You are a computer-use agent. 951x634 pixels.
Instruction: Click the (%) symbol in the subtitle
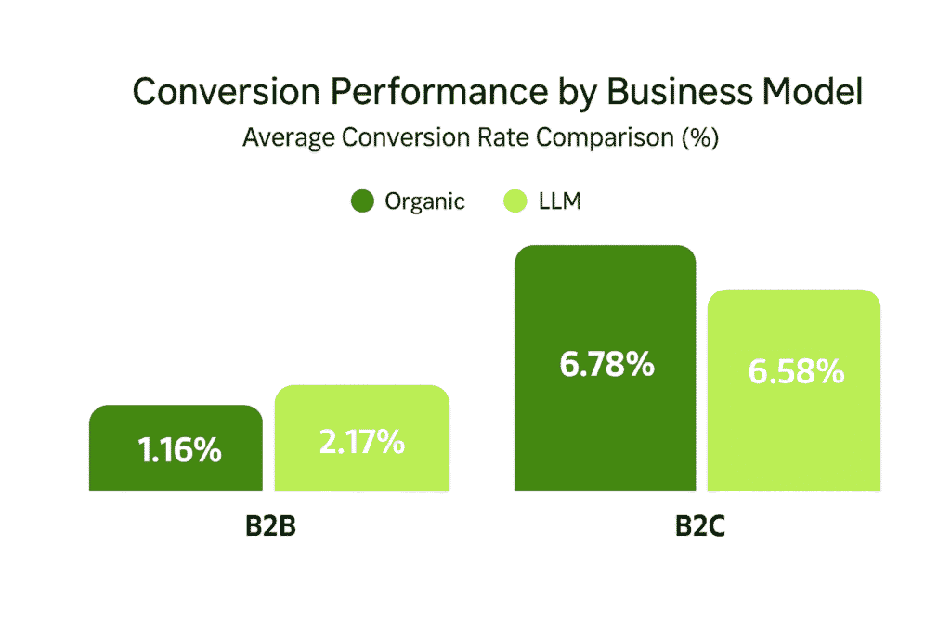point(700,138)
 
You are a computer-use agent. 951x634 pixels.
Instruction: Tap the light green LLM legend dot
point(514,201)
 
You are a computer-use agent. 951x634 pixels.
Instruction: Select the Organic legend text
point(424,201)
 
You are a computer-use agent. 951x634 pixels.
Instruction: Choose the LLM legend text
point(560,201)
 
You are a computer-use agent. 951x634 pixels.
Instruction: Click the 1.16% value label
point(179,451)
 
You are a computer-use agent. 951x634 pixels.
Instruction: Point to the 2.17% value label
point(361,441)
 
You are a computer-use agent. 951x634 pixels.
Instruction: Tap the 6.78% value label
point(606,365)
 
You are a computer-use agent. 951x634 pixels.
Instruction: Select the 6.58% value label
point(795,371)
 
